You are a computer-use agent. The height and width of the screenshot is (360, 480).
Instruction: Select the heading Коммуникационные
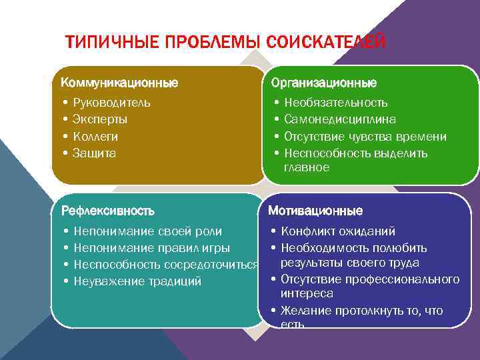pos(119,83)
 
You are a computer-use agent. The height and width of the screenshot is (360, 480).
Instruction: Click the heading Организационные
pos(323,83)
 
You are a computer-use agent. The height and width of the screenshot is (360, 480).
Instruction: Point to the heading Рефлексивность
pos(107,211)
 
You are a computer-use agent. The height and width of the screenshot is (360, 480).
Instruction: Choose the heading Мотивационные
pos(315,211)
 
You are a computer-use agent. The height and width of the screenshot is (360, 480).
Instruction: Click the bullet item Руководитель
pos(111,103)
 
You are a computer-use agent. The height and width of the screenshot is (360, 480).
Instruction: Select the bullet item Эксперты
pos(100,119)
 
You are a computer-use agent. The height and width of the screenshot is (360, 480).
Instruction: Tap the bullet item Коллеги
pos(95,136)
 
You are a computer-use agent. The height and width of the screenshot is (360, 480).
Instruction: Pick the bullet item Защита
pos(94,153)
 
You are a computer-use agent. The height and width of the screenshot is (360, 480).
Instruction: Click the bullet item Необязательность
pos(335,103)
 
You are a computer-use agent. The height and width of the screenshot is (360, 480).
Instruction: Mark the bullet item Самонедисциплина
pos(339,119)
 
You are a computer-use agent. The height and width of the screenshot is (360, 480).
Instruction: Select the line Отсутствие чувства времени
pos(365,136)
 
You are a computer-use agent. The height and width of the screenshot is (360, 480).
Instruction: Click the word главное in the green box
pos(307,167)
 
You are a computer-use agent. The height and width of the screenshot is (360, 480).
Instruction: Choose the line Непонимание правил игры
pos(151,248)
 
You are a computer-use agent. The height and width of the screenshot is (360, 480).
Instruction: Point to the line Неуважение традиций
pos(137,281)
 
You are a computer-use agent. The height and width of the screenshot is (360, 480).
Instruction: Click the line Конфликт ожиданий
pos(337,231)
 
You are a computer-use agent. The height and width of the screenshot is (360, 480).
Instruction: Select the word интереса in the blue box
pos(307,293)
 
